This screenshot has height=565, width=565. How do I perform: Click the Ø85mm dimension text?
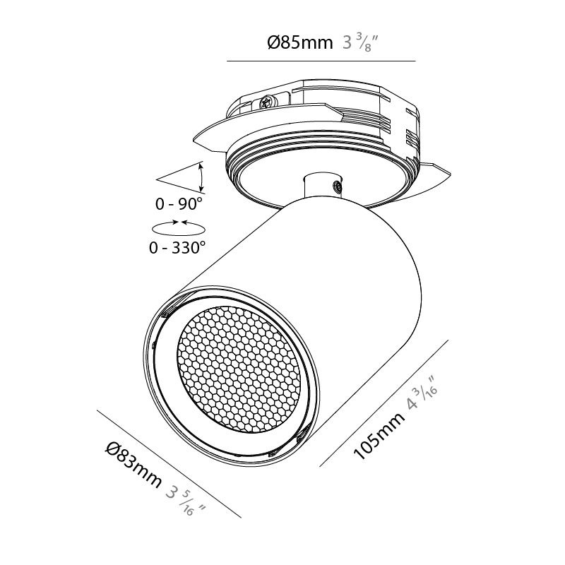coord(299,42)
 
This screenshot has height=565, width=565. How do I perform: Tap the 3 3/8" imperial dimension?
coord(359,42)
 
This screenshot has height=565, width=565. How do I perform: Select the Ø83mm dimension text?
coord(134,465)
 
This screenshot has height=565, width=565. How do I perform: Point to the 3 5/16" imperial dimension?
coord(185,501)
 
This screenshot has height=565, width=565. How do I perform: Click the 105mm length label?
coord(379,436)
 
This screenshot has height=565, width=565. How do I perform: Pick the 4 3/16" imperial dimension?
coord(422,393)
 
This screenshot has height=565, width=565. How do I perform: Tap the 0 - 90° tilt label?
coord(179,204)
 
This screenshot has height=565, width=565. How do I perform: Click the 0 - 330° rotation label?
coord(177,248)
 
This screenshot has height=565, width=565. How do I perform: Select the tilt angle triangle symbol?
coord(180,178)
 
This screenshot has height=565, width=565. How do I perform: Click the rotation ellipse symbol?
coord(179,228)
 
